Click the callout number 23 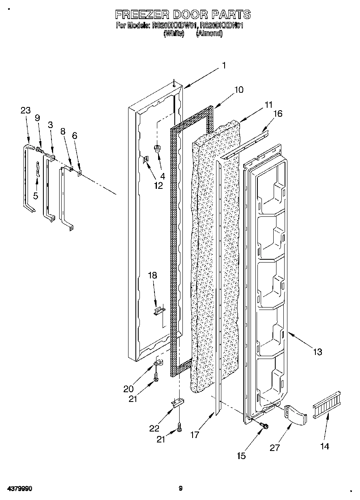tap(26, 110)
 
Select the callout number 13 tap(317, 352)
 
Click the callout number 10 tap(239, 90)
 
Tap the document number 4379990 tap(19, 489)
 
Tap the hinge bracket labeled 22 tap(177, 403)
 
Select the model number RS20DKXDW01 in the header tap(174, 26)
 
